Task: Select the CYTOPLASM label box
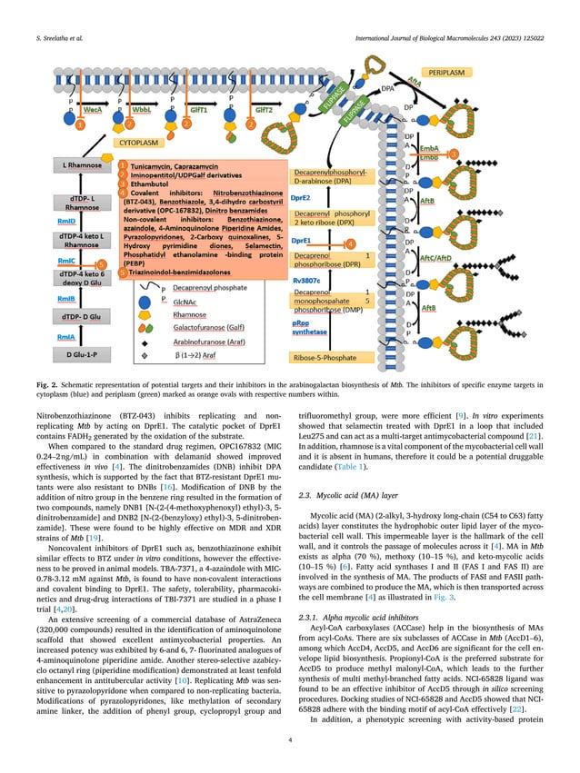[139, 142]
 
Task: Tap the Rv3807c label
[308, 281]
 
